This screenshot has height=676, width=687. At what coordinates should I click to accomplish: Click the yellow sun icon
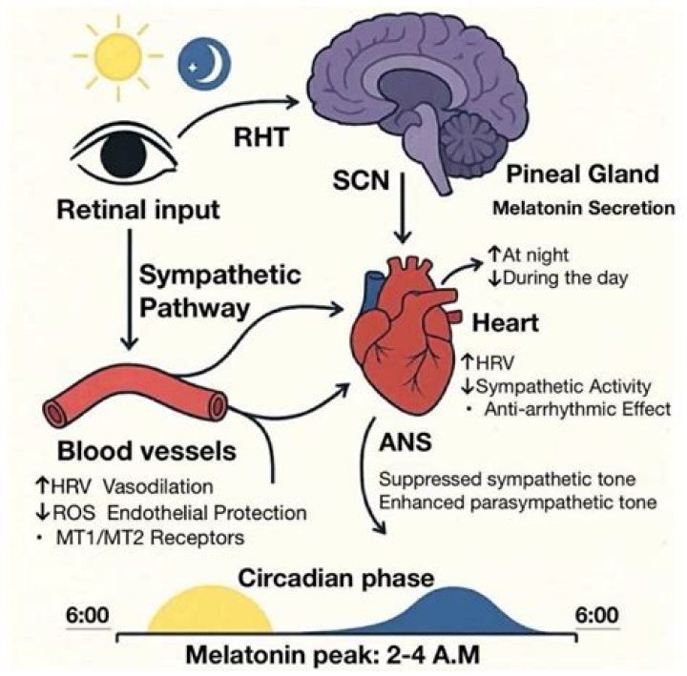click(x=117, y=55)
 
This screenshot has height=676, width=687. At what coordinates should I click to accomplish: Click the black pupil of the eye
click(x=123, y=152)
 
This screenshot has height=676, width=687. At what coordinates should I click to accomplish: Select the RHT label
click(x=261, y=136)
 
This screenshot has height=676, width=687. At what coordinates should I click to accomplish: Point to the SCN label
click(x=361, y=180)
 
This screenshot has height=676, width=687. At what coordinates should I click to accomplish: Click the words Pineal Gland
click(x=582, y=174)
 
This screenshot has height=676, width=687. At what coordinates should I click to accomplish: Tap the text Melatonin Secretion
click(x=584, y=208)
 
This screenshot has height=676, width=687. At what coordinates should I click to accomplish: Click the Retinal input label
click(x=138, y=210)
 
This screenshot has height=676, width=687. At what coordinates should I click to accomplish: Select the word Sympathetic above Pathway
click(x=220, y=276)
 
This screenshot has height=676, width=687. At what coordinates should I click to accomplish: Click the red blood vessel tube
click(x=135, y=394)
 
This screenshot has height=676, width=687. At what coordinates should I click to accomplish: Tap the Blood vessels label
click(x=147, y=451)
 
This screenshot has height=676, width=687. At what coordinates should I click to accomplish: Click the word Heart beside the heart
click(x=505, y=323)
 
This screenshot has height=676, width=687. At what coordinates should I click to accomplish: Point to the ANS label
click(x=406, y=441)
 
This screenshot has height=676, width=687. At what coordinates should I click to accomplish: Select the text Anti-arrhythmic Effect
click(x=577, y=409)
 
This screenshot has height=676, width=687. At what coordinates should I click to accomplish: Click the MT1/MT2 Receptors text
click(x=151, y=538)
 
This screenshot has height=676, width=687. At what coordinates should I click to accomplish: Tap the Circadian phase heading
click(x=336, y=578)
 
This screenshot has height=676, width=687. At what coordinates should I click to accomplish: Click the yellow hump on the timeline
click(x=209, y=610)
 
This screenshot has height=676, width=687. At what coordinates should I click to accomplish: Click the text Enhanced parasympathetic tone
click(x=518, y=502)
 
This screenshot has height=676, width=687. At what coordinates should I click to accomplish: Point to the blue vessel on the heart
click(x=371, y=291)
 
